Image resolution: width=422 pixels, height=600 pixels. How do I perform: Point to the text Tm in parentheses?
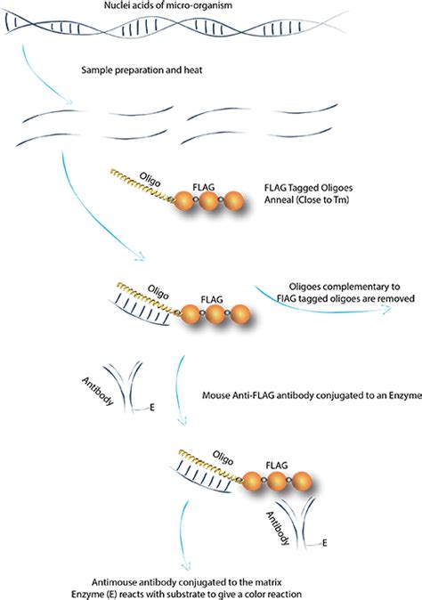pos(351,201)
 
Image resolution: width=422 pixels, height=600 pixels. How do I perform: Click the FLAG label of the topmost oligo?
pos(206,188)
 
